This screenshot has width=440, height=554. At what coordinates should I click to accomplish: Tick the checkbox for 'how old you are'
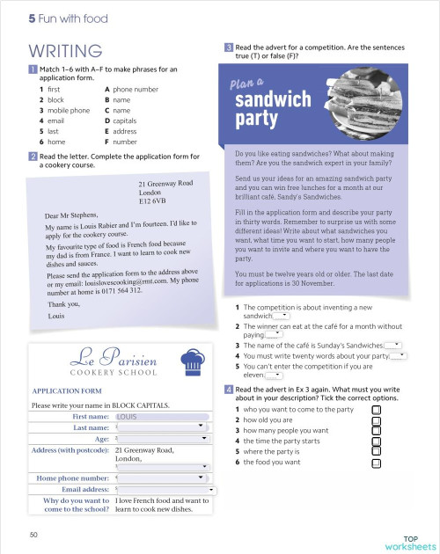[x=377, y=420]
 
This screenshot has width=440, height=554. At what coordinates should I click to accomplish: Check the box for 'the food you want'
[x=377, y=462]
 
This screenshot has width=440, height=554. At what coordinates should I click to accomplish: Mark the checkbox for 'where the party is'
[x=377, y=451]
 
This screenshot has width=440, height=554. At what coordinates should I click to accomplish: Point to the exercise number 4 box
[x=229, y=389]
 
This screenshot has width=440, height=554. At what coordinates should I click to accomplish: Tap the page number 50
[x=33, y=534]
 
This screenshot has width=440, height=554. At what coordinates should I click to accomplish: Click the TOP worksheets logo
[x=409, y=540]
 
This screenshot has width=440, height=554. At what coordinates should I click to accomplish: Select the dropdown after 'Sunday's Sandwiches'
[x=393, y=345]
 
